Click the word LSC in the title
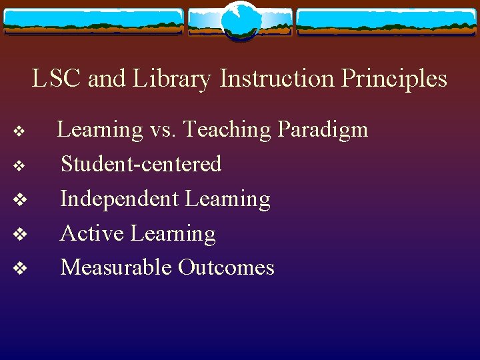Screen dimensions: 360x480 point(57,79)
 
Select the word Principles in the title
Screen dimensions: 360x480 point(394,79)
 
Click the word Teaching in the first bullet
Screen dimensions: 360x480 point(227,129)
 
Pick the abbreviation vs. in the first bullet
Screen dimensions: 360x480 point(163,129)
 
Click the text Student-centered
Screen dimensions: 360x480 point(141,164)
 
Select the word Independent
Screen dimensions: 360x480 point(120,199)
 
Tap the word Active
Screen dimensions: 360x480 point(93,233)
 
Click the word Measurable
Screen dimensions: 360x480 point(116,267)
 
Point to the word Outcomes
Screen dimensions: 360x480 point(227,267)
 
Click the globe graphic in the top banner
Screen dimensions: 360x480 point(239,21)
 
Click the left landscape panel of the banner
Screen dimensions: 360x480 point(93,22)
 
